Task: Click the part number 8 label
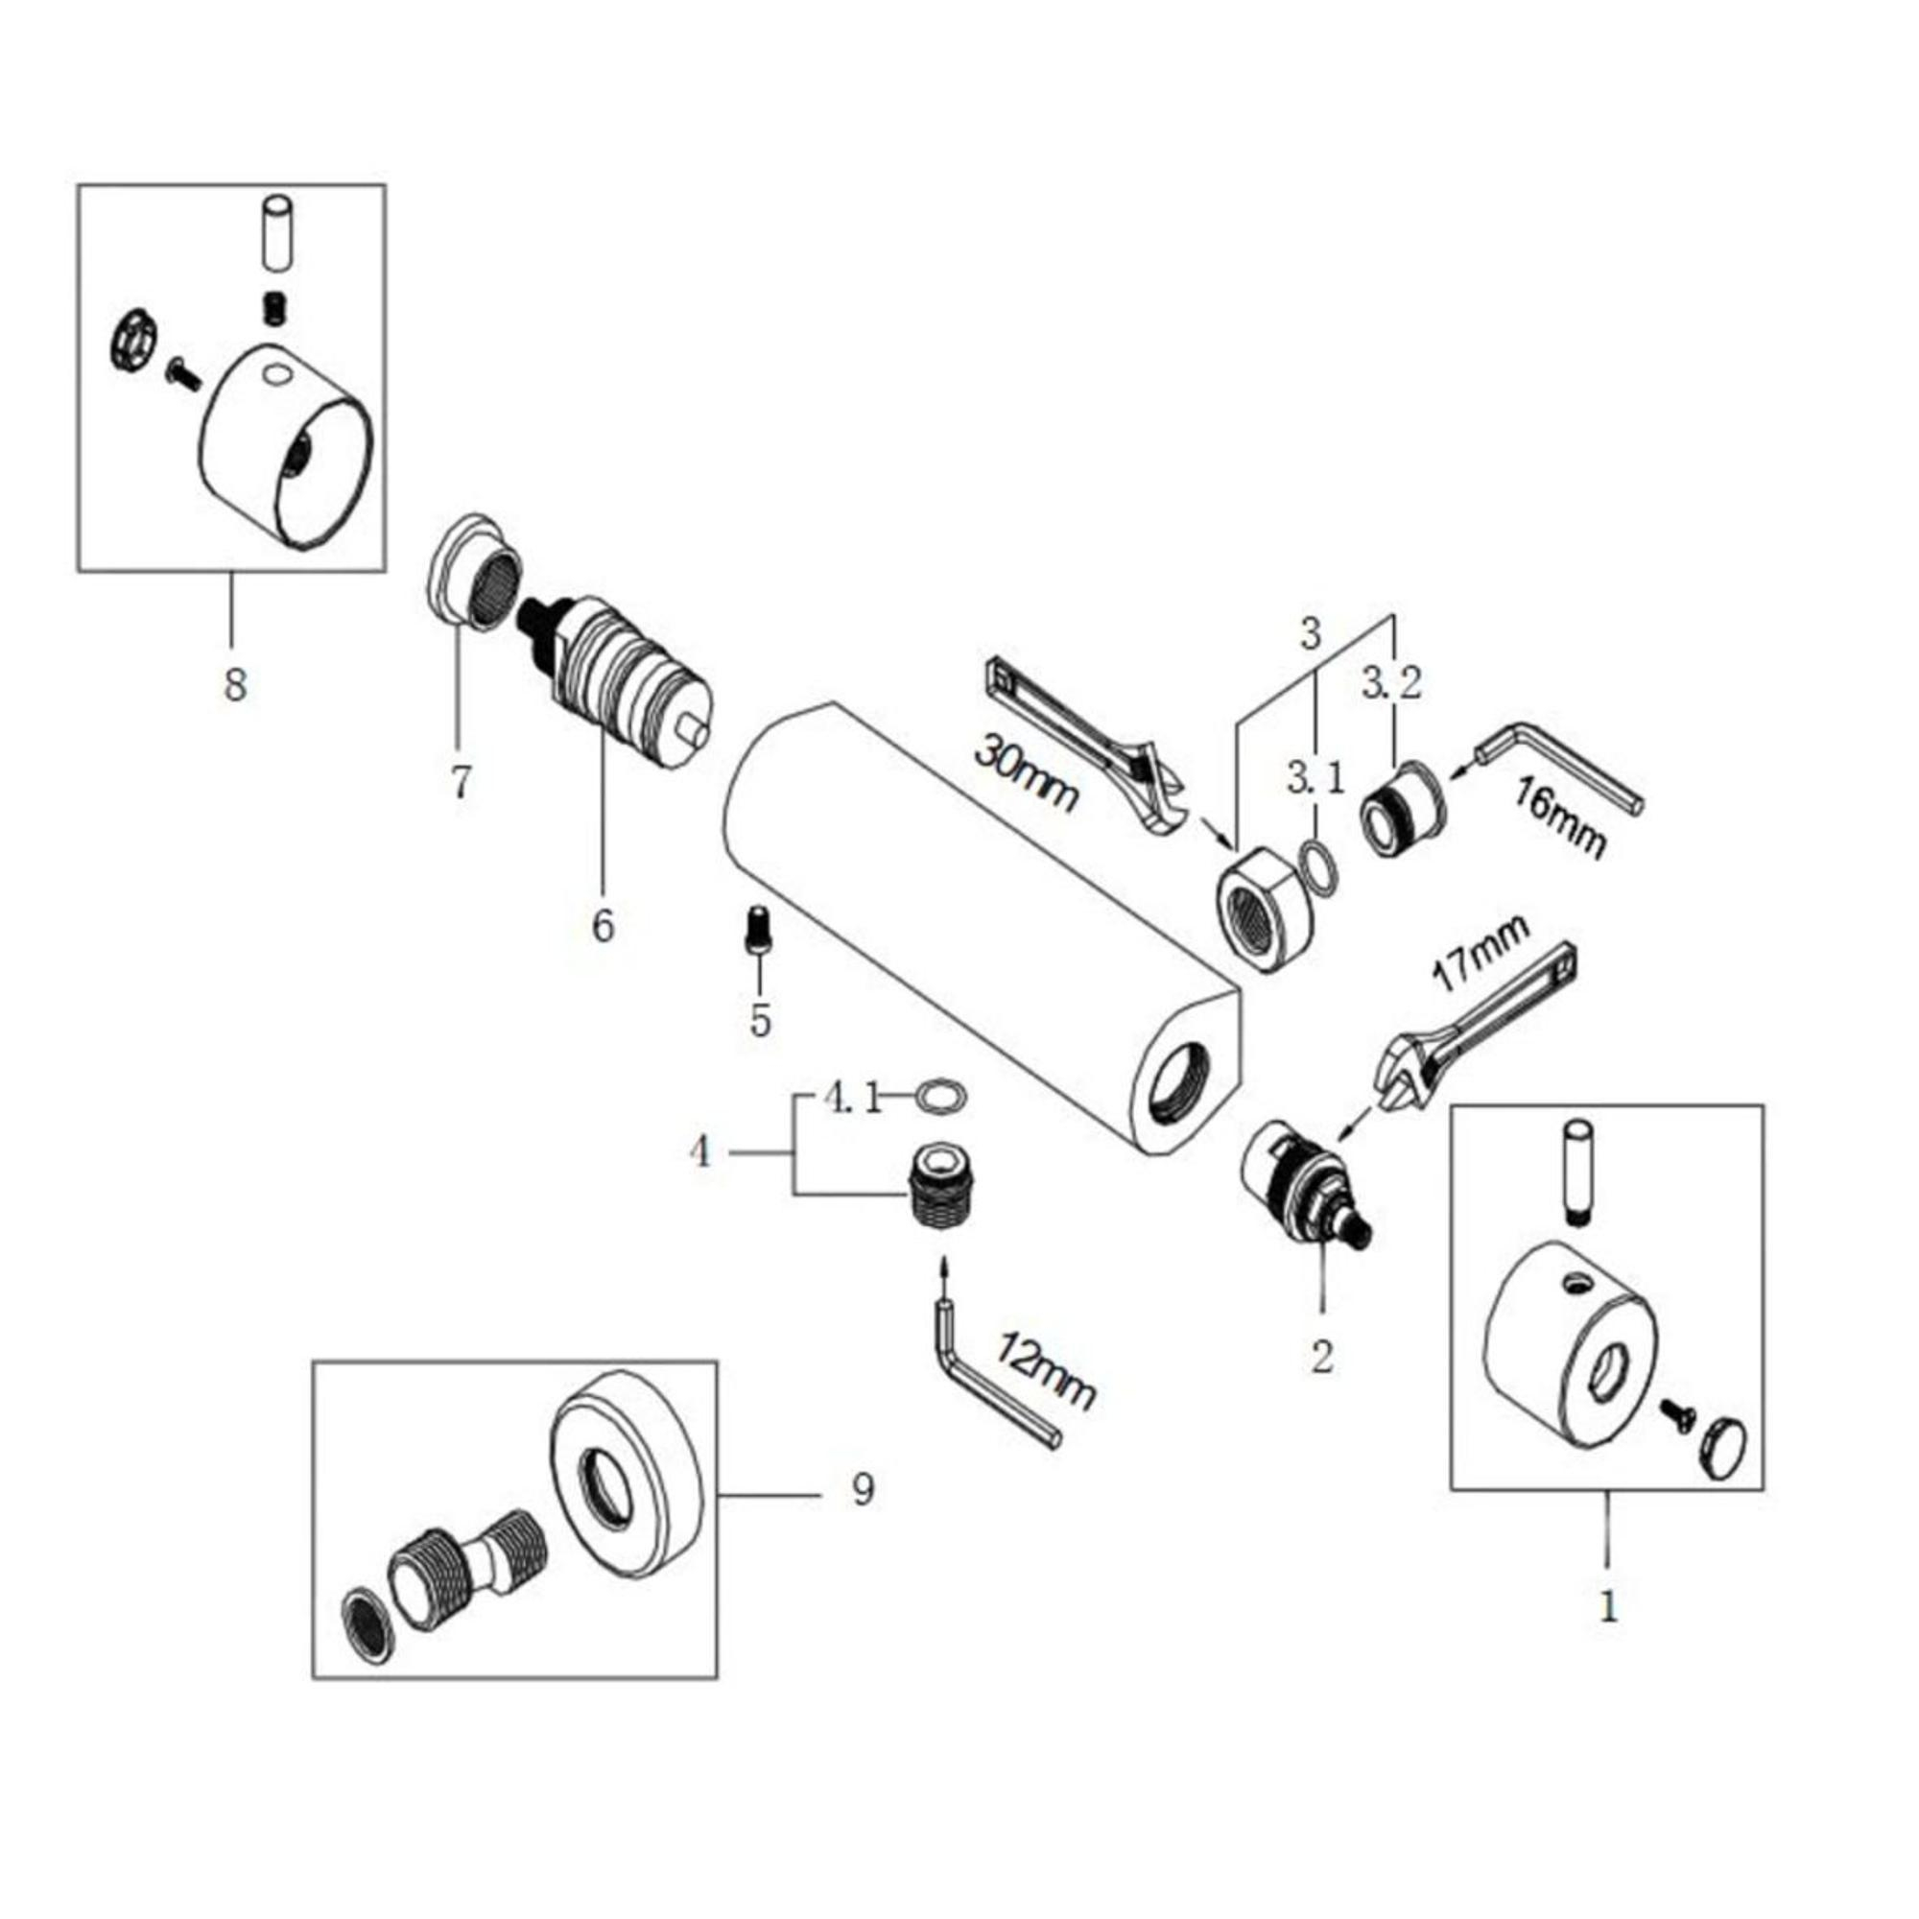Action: (x=234, y=684)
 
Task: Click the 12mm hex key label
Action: (x=1048, y=1376)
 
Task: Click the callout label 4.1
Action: (x=852, y=1100)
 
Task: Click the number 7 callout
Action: (x=460, y=782)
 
